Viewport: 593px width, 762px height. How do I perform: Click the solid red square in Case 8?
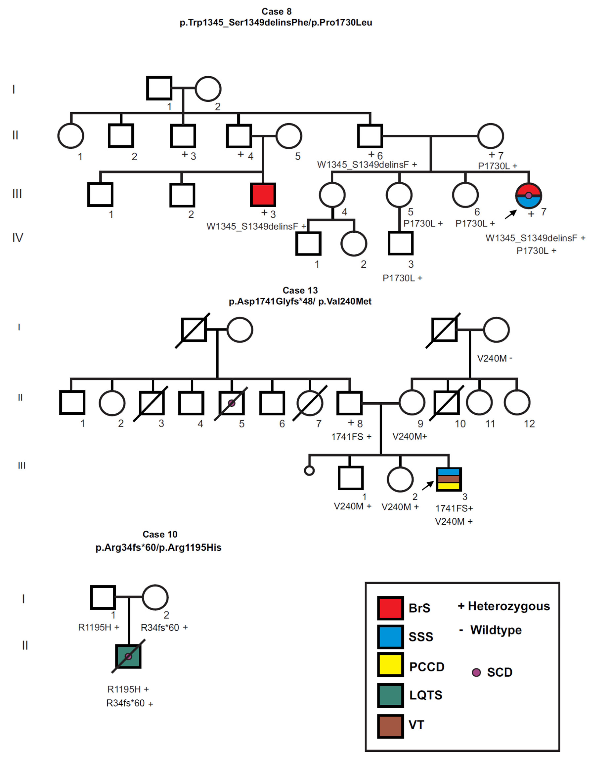263,195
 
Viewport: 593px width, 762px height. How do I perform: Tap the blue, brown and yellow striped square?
449,479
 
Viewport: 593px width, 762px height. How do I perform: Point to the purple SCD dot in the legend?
476,672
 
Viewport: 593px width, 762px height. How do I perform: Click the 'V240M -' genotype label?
494,358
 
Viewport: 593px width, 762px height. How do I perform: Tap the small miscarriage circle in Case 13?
309,471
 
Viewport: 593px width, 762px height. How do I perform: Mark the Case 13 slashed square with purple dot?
231,403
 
